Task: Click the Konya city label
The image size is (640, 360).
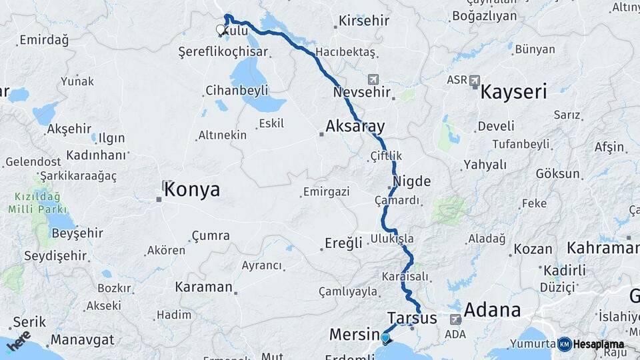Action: tap(192, 189)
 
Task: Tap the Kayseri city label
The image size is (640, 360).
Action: tap(513, 91)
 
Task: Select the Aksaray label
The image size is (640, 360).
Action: tap(355, 126)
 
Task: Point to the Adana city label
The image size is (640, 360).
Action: tap(492, 310)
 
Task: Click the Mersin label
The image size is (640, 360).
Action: tap(353, 334)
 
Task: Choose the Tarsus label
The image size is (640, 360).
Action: tap(412, 318)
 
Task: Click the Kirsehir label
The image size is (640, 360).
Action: tap(363, 21)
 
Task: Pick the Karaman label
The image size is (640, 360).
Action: tap(203, 287)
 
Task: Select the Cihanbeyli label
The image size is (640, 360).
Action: tap(237, 90)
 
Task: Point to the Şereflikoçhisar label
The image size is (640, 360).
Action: tap(223, 52)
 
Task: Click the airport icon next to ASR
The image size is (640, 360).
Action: tap(474, 81)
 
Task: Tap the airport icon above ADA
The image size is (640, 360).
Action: tap(455, 319)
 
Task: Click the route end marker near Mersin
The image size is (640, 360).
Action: tap(385, 338)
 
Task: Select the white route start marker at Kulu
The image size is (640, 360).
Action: tap(221, 29)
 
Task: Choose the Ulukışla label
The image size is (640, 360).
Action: tap(393, 239)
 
